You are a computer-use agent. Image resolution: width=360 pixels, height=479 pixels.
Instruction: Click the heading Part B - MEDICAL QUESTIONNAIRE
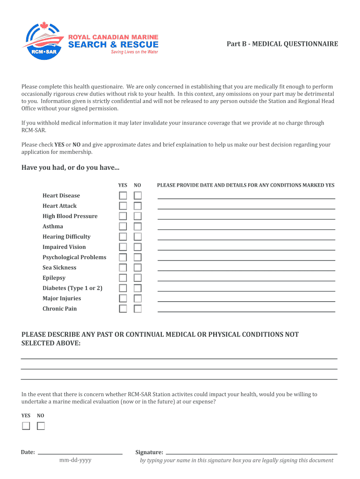[x=282, y=44]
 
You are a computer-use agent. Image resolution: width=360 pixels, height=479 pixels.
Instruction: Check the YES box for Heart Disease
[x=122, y=196]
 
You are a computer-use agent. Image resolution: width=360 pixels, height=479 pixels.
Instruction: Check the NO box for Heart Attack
[x=138, y=206]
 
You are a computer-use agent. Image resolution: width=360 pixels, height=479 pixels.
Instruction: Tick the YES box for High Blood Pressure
[x=122, y=216]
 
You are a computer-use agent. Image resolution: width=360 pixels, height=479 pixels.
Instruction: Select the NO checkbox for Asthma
[x=138, y=226]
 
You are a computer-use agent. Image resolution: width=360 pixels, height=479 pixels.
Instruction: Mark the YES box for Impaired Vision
[x=122, y=247]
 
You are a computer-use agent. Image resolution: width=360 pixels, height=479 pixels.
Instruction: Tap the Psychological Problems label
[x=74, y=257]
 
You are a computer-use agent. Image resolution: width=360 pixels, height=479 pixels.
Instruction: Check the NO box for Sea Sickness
[x=138, y=268]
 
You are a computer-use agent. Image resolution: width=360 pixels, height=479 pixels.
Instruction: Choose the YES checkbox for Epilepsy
[x=122, y=278]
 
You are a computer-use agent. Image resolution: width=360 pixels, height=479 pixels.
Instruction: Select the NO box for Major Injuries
[x=138, y=298]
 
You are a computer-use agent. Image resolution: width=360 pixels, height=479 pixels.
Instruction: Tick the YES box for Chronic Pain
[x=122, y=309]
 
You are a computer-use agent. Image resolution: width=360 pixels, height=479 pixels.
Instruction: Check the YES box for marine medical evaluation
[x=26, y=426]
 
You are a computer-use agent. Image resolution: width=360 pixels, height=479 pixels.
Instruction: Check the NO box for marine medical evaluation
[x=41, y=426]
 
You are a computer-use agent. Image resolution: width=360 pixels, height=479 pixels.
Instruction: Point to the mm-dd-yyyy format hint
[x=75, y=460]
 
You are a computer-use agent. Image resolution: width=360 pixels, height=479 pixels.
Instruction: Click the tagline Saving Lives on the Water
[x=134, y=52]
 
